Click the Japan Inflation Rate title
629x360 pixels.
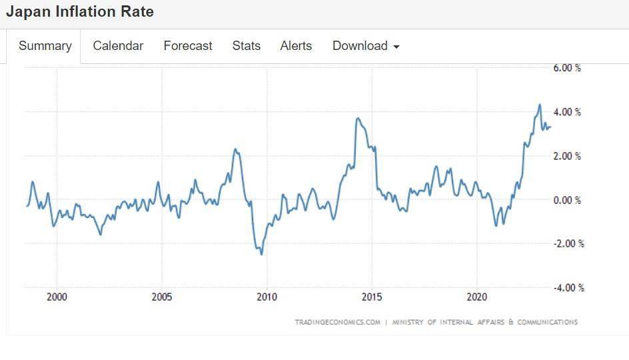click(79, 12)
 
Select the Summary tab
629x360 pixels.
click(45, 46)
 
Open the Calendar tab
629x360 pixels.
click(118, 46)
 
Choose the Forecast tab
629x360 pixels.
click(188, 46)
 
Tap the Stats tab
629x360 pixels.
click(246, 46)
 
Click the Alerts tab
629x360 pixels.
click(296, 46)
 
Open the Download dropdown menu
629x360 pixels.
click(366, 46)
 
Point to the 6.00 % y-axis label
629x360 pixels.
click(567, 68)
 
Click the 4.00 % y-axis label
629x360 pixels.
click(567, 112)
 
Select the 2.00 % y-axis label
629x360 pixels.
click(567, 156)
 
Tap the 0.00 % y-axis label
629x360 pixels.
click(567, 200)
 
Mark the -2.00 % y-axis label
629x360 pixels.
click(568, 243)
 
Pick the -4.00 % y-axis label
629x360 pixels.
click(568, 287)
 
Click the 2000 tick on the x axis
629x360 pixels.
click(57, 297)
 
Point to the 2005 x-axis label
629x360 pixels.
click(162, 297)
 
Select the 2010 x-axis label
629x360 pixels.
click(267, 297)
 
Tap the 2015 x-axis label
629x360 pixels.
click(372, 297)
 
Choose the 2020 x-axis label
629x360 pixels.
click(477, 297)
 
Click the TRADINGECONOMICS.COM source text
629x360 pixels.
click(337, 322)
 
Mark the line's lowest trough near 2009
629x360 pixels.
click(261, 254)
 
